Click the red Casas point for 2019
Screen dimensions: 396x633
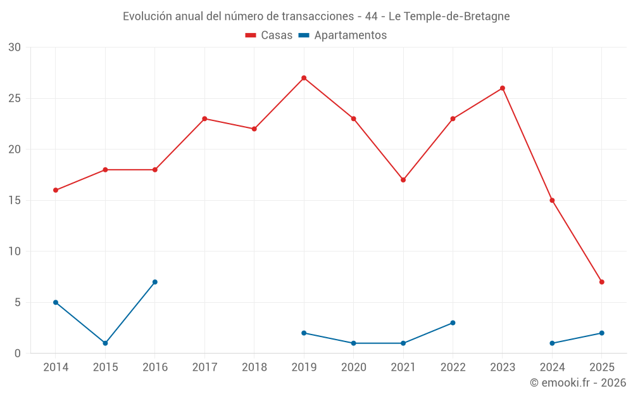click(x=304, y=78)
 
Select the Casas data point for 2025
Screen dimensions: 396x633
click(x=602, y=282)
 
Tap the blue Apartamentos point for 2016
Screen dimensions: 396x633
click(x=154, y=282)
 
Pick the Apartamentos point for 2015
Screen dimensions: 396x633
click(x=105, y=343)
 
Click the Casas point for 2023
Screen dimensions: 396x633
click(x=503, y=88)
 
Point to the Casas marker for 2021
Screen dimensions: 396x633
click(x=403, y=180)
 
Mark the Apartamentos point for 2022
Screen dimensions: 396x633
click(x=453, y=323)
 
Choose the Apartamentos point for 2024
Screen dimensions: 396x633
click(x=552, y=343)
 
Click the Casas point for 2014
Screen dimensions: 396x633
click(x=56, y=190)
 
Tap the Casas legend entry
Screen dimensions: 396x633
click(x=269, y=35)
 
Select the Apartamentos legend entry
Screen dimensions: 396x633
click(x=342, y=35)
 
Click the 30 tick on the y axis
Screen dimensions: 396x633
click(x=15, y=48)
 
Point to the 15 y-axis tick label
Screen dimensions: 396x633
click(x=15, y=201)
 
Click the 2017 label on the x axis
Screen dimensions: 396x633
click(x=204, y=367)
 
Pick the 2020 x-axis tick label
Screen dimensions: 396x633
click(x=353, y=367)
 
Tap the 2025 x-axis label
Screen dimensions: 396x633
click(x=602, y=367)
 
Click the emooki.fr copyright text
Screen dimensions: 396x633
click(x=578, y=383)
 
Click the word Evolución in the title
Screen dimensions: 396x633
click(x=146, y=16)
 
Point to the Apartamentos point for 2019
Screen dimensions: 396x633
click(x=304, y=333)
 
